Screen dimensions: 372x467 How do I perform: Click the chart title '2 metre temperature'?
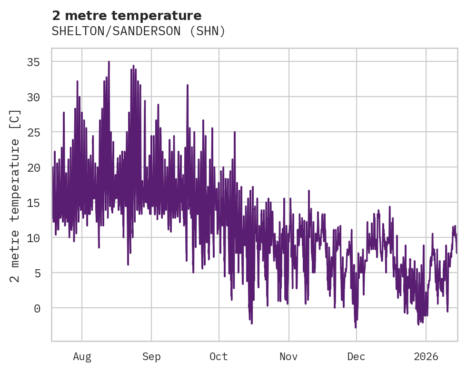tap(127, 16)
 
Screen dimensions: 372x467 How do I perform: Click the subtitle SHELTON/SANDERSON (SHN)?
tap(138, 31)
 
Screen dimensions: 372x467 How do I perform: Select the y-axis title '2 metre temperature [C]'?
tap(15, 195)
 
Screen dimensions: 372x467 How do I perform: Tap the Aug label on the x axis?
tap(82, 357)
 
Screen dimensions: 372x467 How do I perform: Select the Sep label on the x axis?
tap(151, 357)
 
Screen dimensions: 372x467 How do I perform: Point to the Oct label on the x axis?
tap(219, 357)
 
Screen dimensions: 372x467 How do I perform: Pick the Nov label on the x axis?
tap(288, 357)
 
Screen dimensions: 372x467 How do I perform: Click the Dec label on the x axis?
tap(356, 357)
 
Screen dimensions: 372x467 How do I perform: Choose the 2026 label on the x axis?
tap(426, 357)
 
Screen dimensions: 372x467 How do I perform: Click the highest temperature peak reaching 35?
tap(109, 62)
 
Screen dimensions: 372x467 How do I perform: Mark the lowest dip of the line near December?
tap(355, 327)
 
